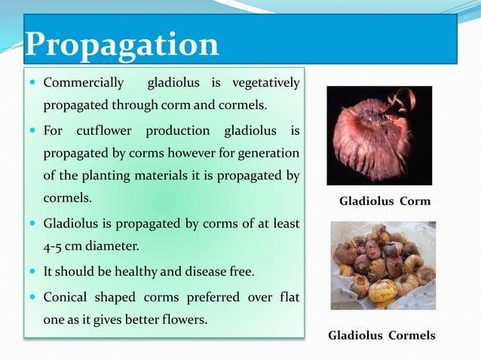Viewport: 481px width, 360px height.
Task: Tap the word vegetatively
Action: coord(266,82)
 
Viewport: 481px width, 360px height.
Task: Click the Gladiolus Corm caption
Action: coord(384,201)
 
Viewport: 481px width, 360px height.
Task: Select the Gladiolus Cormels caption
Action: coord(381,335)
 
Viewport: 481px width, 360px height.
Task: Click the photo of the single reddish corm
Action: coord(379,136)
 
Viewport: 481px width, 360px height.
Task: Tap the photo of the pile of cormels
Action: coord(384,266)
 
